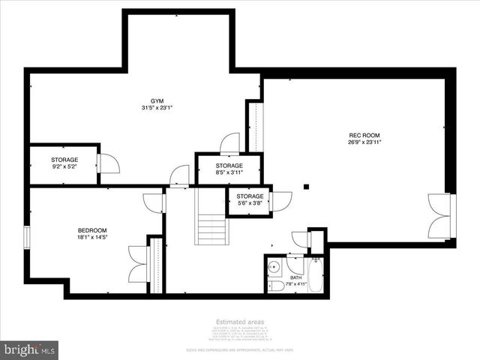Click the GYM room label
[157, 100]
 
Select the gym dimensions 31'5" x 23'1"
[157, 107]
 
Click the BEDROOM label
[92, 230]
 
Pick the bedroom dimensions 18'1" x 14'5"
[92, 238]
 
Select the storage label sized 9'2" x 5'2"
[64, 160]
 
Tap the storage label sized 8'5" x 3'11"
[229, 166]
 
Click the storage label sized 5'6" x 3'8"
[250, 196]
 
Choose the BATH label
[296, 277]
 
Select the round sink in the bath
[275, 267]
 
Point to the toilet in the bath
[275, 285]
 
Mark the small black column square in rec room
[306, 187]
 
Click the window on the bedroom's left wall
[27, 236]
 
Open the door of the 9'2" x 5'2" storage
[108, 163]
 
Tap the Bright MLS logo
[30, 349]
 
